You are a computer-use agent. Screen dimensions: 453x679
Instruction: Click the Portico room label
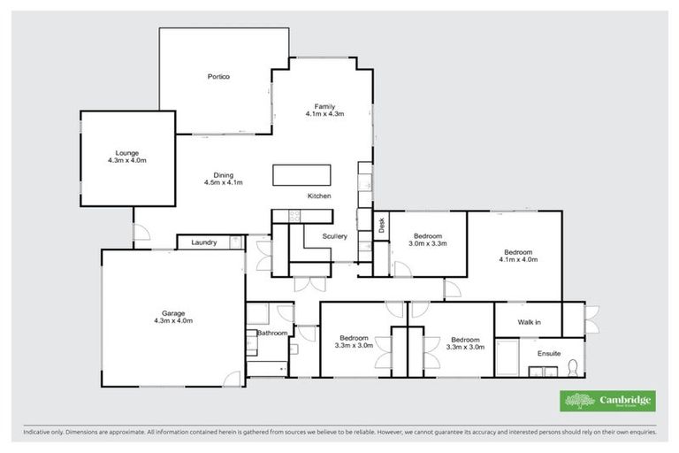pyautogui.click(x=218, y=78)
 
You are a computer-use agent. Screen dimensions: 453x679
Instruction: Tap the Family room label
pyautogui.click(x=324, y=106)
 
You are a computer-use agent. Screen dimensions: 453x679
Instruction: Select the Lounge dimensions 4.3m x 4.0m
pyautogui.click(x=126, y=161)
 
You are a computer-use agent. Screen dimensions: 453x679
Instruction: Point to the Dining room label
pyautogui.click(x=224, y=175)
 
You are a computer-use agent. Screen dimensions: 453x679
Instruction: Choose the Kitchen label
pyautogui.click(x=319, y=196)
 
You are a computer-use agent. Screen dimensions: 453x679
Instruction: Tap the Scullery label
pyautogui.click(x=334, y=236)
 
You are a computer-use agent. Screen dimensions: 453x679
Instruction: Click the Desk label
pyautogui.click(x=382, y=227)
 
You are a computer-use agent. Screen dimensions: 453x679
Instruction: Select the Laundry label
pyautogui.click(x=202, y=242)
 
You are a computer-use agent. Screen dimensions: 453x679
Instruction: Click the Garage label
pyautogui.click(x=174, y=313)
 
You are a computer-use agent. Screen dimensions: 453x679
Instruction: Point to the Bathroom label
pyautogui.click(x=272, y=334)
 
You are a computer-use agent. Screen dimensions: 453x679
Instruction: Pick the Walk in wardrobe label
pyautogui.click(x=530, y=322)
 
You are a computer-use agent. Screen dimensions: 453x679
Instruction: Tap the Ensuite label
pyautogui.click(x=549, y=354)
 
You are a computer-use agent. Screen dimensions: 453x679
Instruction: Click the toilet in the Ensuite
pyautogui.click(x=573, y=365)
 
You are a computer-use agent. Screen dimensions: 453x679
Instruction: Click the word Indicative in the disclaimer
pyautogui.click(x=37, y=434)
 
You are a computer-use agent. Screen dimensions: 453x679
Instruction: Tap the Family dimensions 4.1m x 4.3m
pyautogui.click(x=324, y=114)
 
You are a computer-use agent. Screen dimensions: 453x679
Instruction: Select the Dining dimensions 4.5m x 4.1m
pyautogui.click(x=224, y=183)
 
